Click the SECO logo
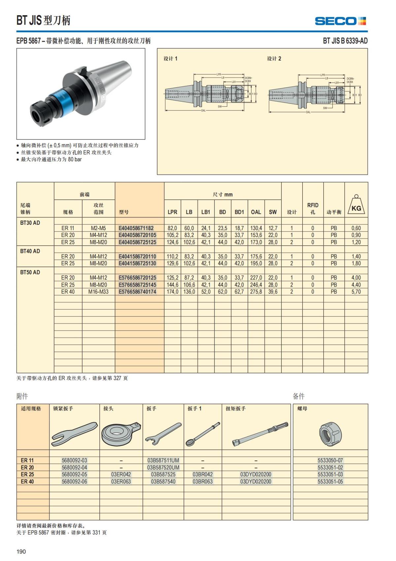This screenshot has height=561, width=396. pos(340,21)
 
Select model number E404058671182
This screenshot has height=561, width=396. pos(136,228)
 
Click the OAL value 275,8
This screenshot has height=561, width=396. pos(256,292)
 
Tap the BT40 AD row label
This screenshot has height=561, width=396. pos(30,251)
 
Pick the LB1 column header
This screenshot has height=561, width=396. pos(206,212)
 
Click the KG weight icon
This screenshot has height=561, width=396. pos(356,205)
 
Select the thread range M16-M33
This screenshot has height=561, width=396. pos(98,292)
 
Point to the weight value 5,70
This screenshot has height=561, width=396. pos(356,292)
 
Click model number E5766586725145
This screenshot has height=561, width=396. pos(137,285)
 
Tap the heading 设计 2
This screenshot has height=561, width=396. pos(274,59)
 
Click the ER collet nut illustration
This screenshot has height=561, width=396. pos(330,433)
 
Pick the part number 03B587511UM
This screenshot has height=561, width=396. pos(163,460)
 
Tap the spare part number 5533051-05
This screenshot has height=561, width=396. pos(330,482)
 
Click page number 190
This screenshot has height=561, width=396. pos(21,551)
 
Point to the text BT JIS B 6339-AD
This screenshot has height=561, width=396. pos(345,41)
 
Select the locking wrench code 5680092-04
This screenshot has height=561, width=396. pos(74,467)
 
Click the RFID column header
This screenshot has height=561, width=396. pos(313,208)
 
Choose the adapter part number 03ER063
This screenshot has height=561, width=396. pos(121,482)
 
